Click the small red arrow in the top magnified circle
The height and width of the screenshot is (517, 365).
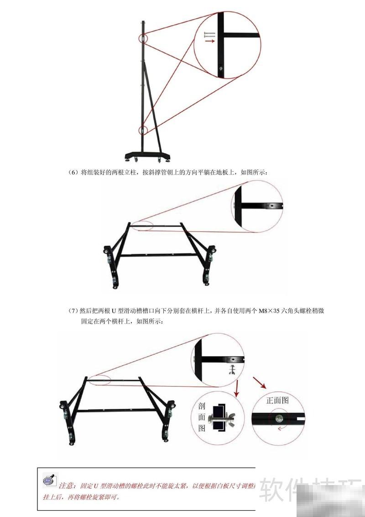click(x=209, y=41)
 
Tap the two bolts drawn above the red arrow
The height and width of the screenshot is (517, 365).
click(x=209, y=34)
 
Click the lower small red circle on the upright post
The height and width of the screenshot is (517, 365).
click(x=144, y=130)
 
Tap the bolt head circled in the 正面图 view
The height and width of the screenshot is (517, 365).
click(x=279, y=417)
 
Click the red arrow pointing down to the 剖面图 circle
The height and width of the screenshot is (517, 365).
click(x=237, y=390)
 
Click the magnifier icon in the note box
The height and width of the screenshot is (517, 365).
click(x=49, y=480)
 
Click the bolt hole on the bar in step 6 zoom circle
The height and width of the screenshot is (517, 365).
click(x=272, y=206)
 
